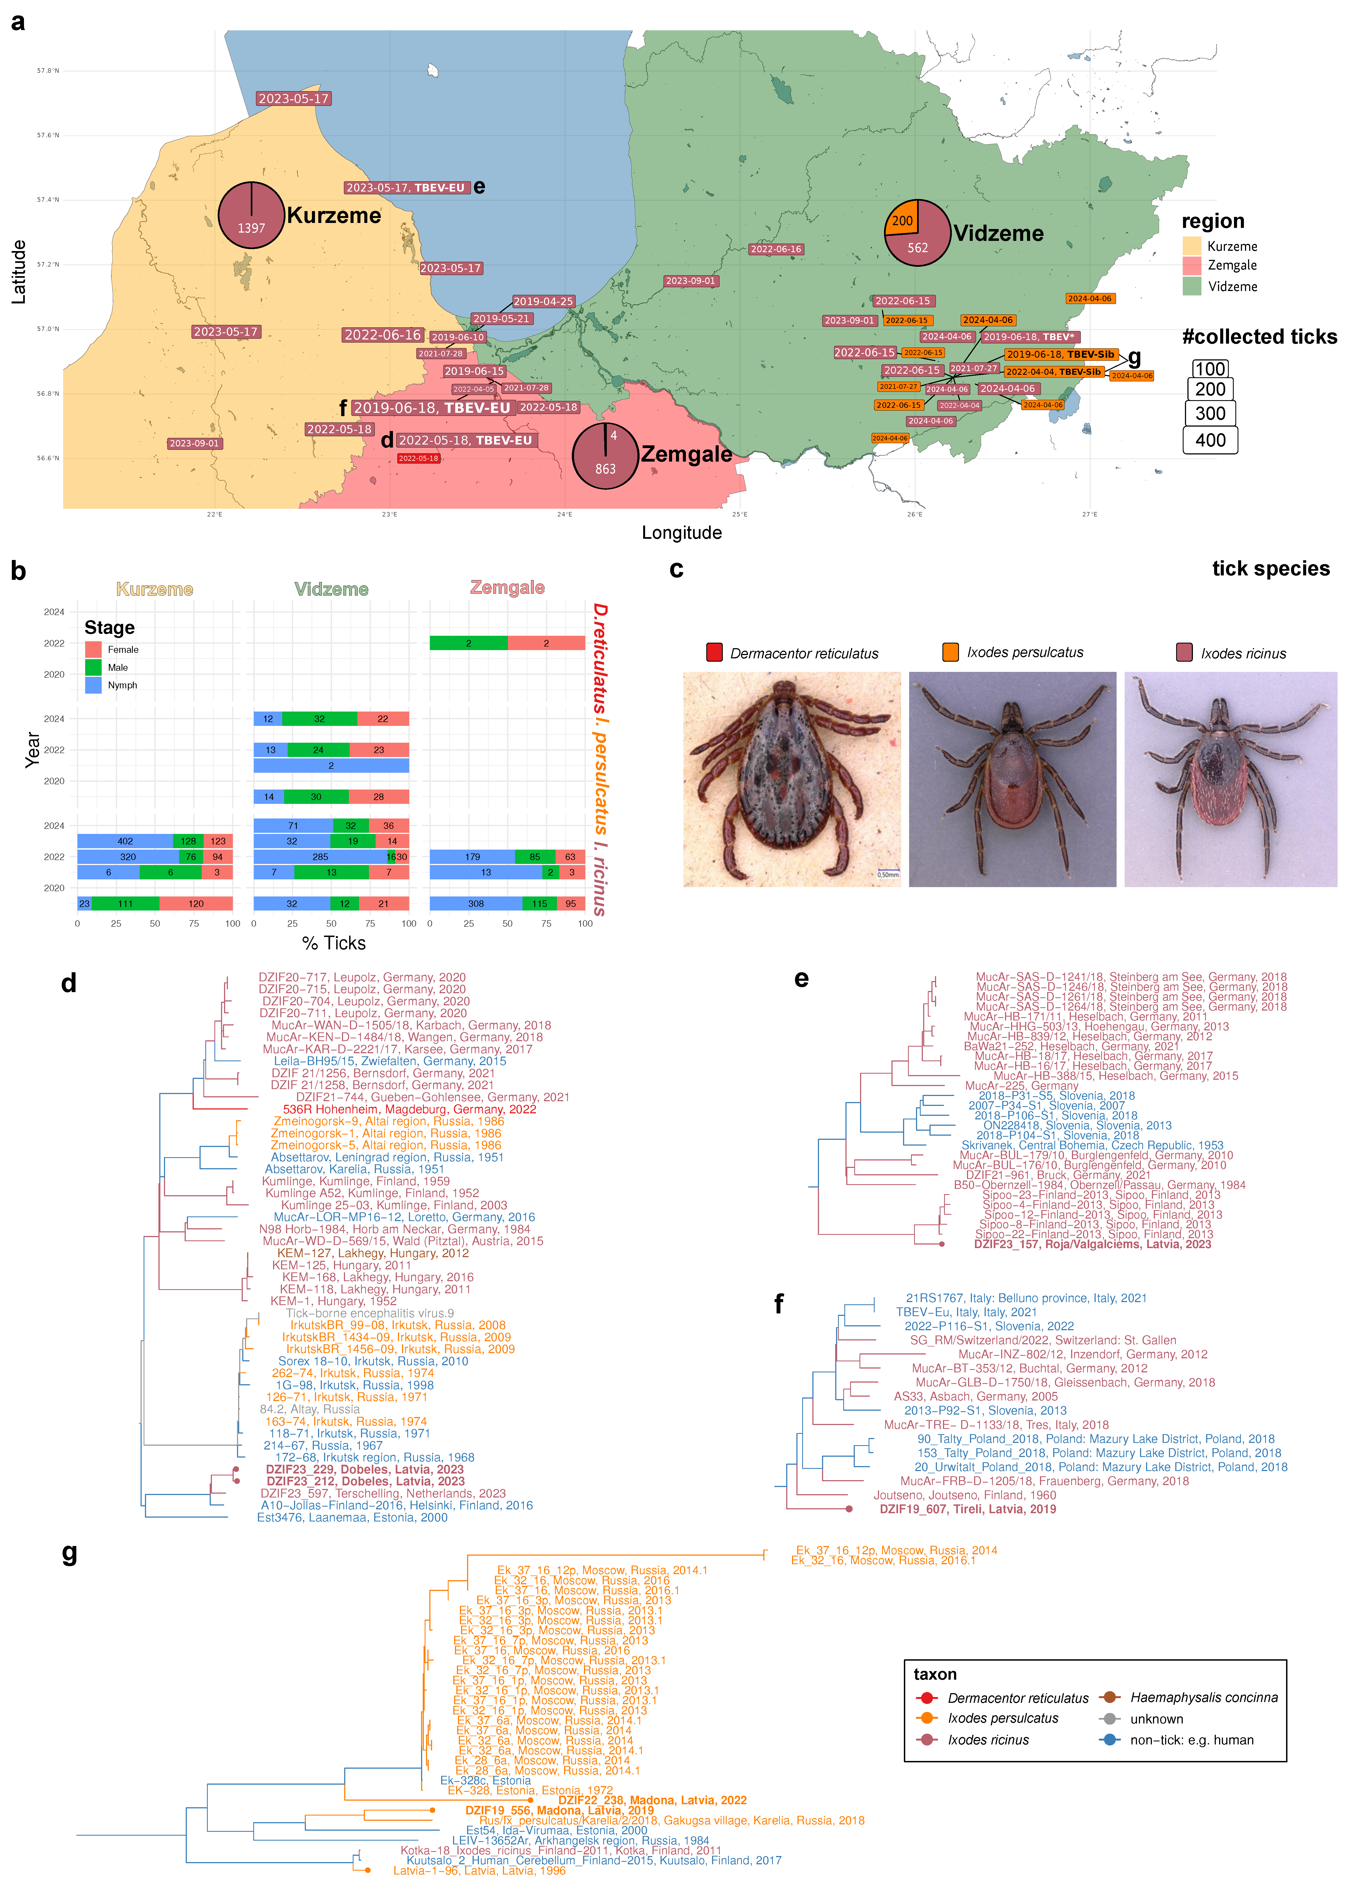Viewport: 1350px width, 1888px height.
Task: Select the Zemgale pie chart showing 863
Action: point(605,456)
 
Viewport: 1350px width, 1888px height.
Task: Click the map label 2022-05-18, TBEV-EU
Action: point(465,441)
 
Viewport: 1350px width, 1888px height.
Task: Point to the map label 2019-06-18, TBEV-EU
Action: point(432,408)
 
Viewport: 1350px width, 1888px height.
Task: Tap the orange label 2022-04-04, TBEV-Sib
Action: point(1053,371)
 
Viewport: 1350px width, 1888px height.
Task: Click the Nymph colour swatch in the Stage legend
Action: point(93,685)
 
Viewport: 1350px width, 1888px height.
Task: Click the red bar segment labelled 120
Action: point(196,904)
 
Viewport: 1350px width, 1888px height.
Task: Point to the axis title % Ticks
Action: point(334,943)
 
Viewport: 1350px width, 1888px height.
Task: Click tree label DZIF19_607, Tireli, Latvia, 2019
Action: point(968,1509)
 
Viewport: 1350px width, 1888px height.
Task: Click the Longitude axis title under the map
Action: point(682,533)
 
